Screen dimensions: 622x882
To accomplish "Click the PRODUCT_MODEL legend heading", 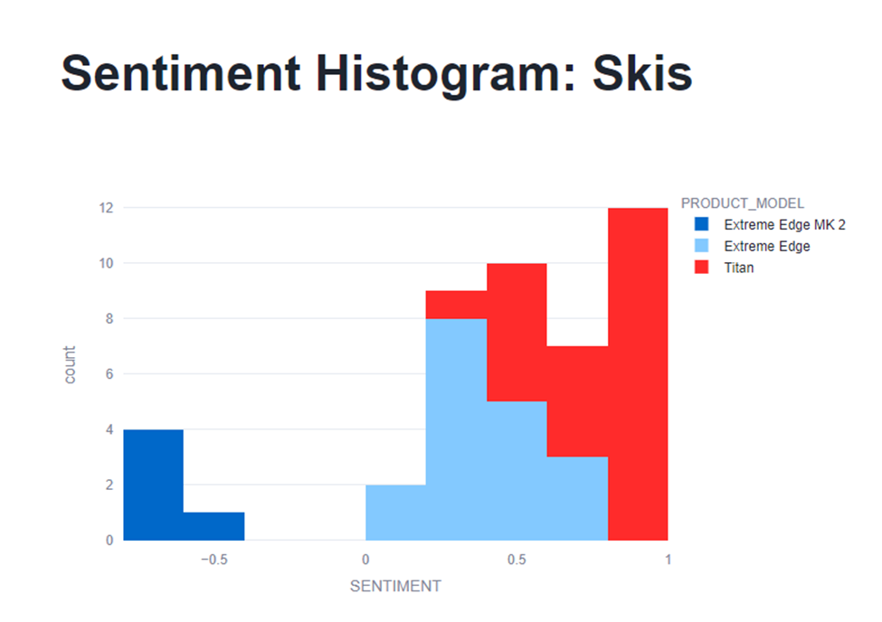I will (x=743, y=203).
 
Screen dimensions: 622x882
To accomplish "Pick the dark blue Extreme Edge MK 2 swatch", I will (x=702, y=224).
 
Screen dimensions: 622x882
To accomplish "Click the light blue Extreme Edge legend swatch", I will (x=702, y=246).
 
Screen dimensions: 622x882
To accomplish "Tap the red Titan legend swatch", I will (x=702, y=268).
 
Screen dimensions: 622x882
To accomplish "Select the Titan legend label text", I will (x=739, y=268).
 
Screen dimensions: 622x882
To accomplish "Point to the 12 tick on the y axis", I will (x=106, y=208).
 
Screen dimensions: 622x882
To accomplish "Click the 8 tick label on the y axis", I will (x=109, y=318).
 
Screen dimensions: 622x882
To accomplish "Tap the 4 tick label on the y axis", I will (x=109, y=429).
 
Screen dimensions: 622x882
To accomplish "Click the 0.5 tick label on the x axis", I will (x=517, y=560).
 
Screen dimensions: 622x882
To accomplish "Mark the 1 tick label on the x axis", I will (x=667, y=560).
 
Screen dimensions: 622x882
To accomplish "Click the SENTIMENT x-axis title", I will (x=395, y=586).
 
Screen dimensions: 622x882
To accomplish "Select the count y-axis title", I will (x=70, y=364).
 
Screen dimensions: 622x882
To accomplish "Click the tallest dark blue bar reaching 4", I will (x=154, y=485).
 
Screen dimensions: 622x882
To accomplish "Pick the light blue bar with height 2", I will (x=395, y=513).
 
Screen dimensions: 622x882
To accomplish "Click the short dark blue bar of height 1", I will (x=213, y=526).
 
